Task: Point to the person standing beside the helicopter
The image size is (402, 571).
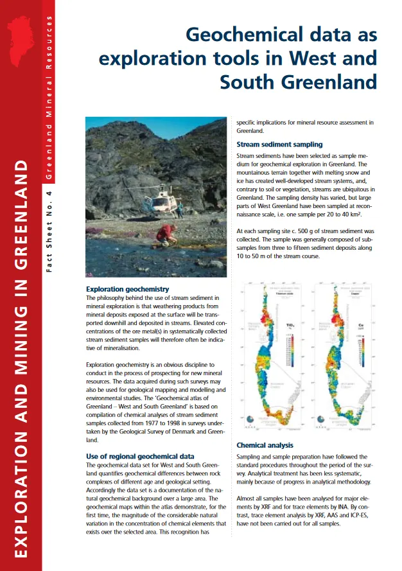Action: pos(180,208)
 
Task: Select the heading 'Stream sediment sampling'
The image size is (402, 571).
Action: pos(279,145)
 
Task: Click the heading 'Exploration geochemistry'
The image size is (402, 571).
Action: pos(127,290)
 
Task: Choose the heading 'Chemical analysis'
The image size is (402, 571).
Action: pos(265,445)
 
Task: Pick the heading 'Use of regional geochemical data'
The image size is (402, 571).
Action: pos(139,456)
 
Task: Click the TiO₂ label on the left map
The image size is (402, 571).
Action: pos(290,326)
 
